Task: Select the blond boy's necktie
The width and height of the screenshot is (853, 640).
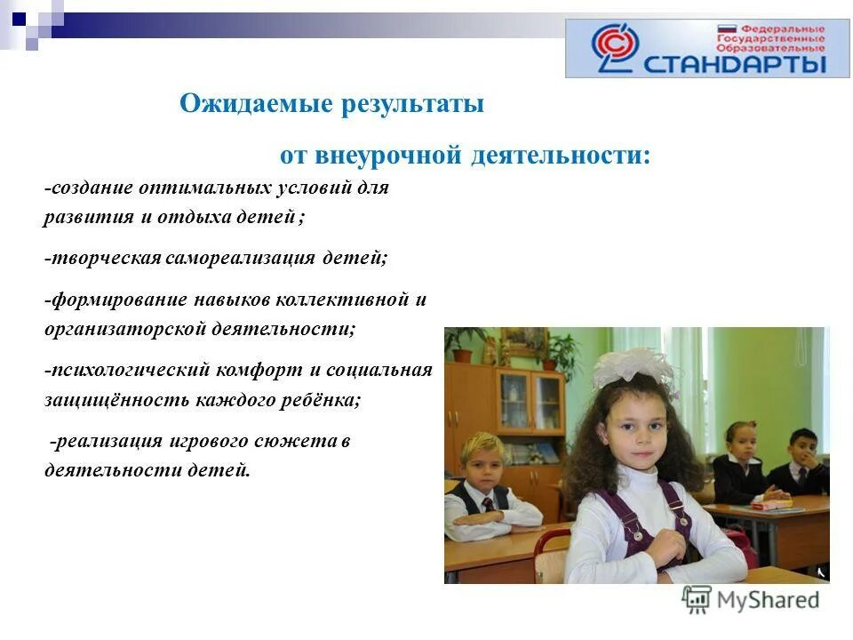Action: [x=488, y=504]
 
